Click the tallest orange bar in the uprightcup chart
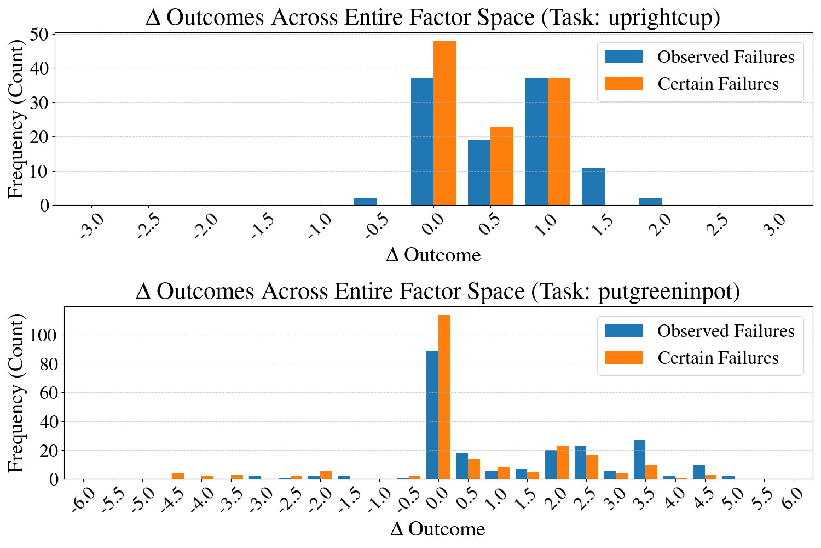(x=445, y=123)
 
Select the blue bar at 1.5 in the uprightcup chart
(x=593, y=186)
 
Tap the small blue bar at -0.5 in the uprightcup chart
(x=365, y=202)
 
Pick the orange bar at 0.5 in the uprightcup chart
(x=502, y=166)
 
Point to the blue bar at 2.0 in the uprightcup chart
(x=650, y=202)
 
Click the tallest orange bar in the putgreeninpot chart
(x=444, y=397)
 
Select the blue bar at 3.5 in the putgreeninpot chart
(x=640, y=460)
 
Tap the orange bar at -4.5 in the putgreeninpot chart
(x=178, y=476)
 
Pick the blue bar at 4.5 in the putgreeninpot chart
(x=699, y=472)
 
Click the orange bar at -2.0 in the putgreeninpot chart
(x=326, y=475)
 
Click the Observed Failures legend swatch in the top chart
(x=623, y=56)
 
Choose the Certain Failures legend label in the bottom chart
(x=718, y=358)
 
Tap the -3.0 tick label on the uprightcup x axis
(x=92, y=226)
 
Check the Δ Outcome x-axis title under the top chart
(x=433, y=255)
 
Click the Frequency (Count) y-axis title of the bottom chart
(x=16, y=393)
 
